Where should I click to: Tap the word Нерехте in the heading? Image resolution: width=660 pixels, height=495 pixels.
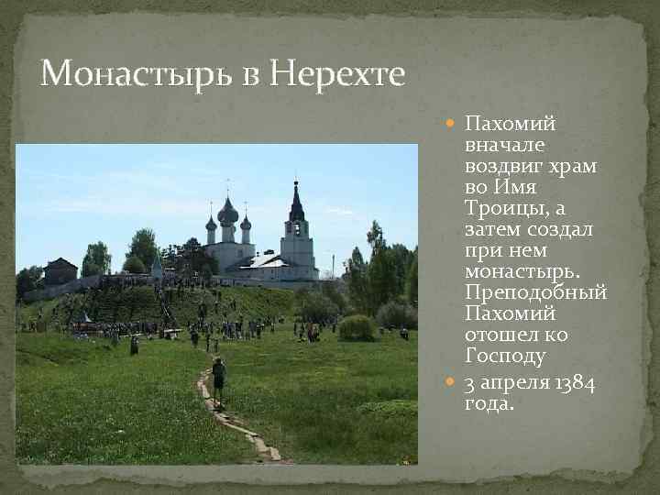tap(336, 72)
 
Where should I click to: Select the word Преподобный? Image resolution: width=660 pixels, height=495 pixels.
tap(536, 292)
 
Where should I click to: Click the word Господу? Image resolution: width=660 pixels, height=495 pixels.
tap(505, 356)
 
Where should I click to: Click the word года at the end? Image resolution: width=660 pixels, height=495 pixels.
tap(488, 403)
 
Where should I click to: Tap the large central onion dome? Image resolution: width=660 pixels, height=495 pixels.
tap(228, 214)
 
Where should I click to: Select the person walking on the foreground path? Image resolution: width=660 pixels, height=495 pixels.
tap(218, 378)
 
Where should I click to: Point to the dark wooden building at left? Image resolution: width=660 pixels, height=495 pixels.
tap(60, 271)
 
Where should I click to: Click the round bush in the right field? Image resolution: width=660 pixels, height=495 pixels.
tap(357, 327)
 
